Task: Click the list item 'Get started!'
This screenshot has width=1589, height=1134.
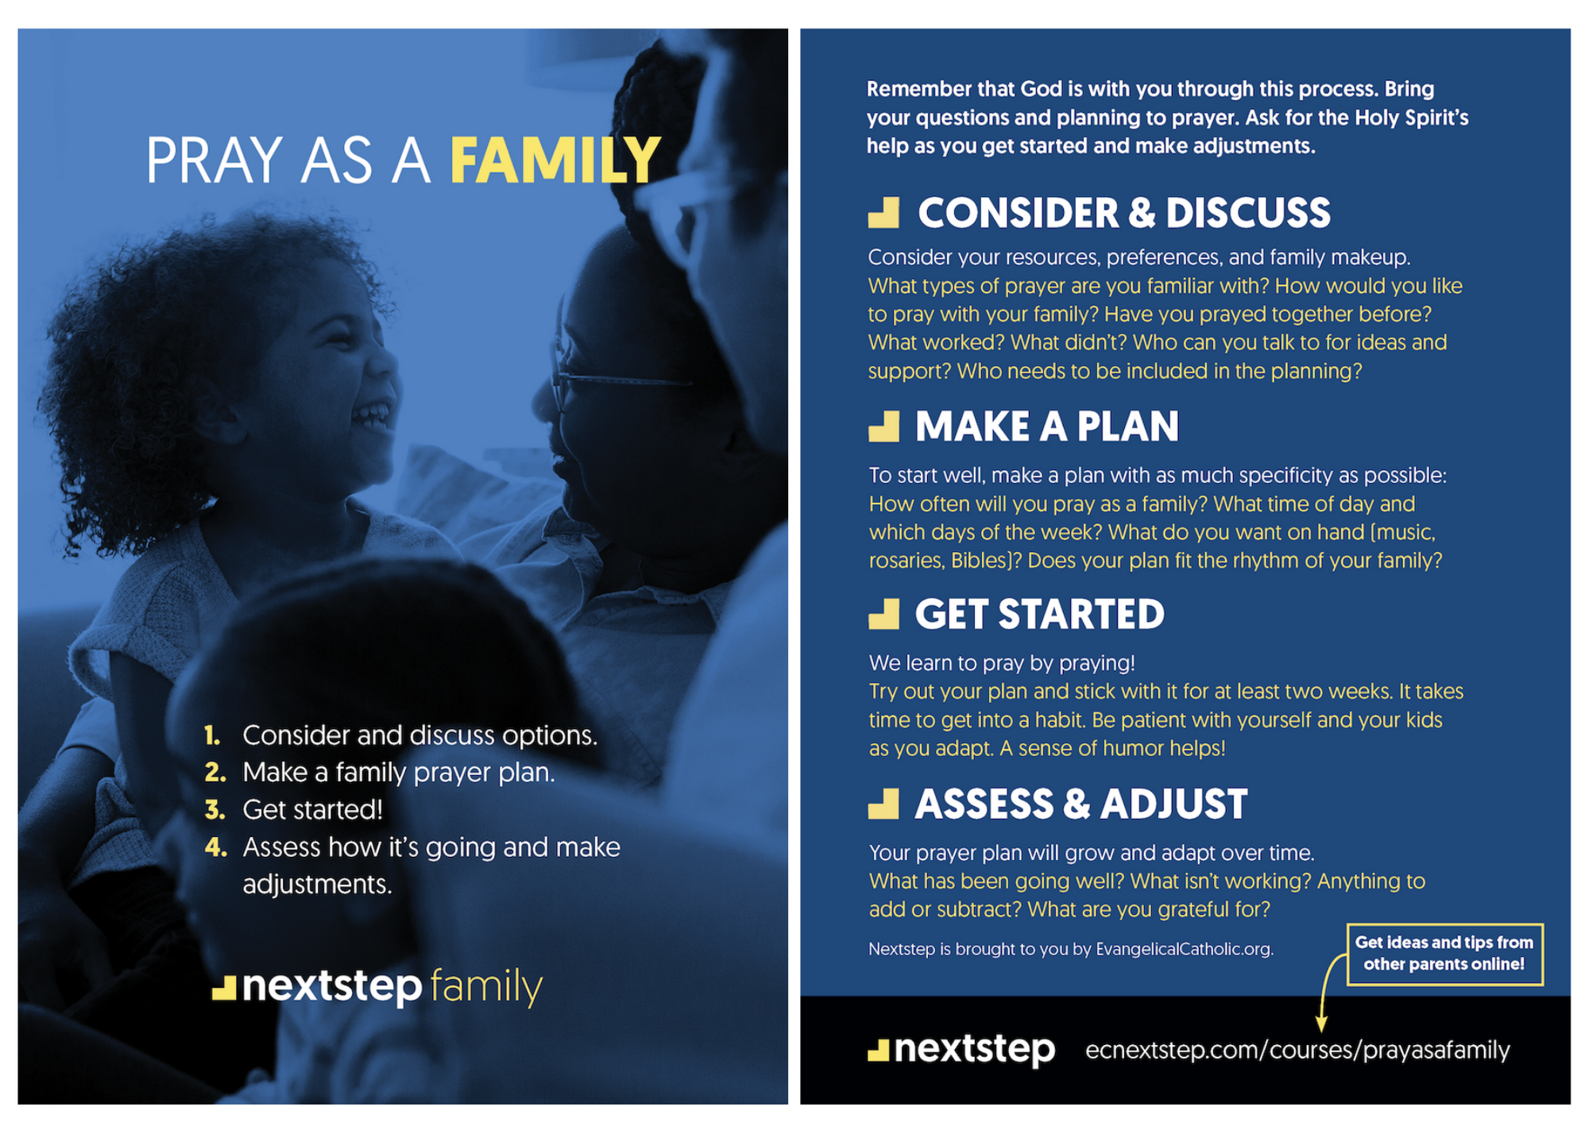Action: [x=312, y=810]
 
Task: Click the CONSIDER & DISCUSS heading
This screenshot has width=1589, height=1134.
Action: [x=1123, y=213]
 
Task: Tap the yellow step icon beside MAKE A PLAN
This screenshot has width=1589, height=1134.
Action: [x=883, y=426]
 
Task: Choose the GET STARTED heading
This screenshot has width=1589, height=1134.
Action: [x=1039, y=615]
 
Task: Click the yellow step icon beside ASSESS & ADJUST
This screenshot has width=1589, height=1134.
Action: [x=883, y=804]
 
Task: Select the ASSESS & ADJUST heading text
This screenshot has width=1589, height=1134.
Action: [x=1081, y=804]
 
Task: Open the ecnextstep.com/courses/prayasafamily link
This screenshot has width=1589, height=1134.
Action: [x=1297, y=1051]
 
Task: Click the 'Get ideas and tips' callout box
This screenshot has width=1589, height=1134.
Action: [x=1444, y=954]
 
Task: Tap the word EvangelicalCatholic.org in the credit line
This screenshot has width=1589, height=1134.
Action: [x=1184, y=949]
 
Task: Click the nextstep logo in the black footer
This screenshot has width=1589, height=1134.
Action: [x=961, y=1050]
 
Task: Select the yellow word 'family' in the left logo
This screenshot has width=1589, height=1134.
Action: [x=486, y=987]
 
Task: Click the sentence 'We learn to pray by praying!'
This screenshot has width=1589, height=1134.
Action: [x=1002, y=663]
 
